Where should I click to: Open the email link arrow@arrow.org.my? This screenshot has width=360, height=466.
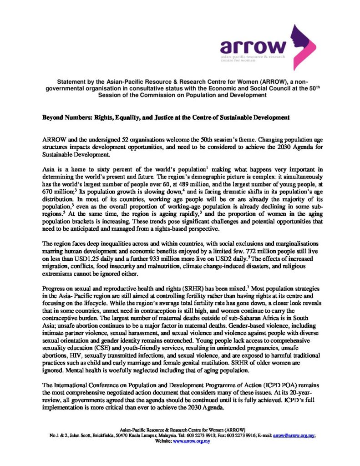(x=294, y=436)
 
